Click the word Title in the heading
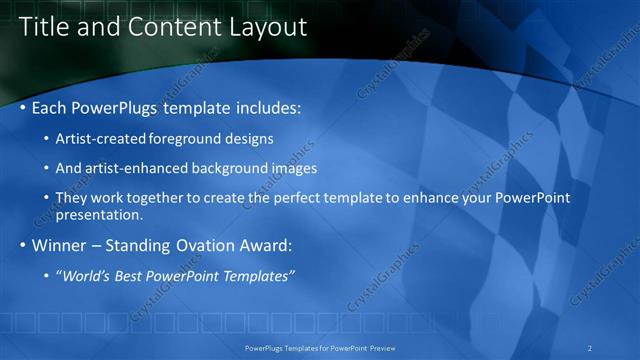(x=44, y=27)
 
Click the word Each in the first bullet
(x=51, y=106)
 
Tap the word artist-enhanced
(x=135, y=168)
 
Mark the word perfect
(x=304, y=198)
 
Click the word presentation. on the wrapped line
(x=100, y=214)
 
